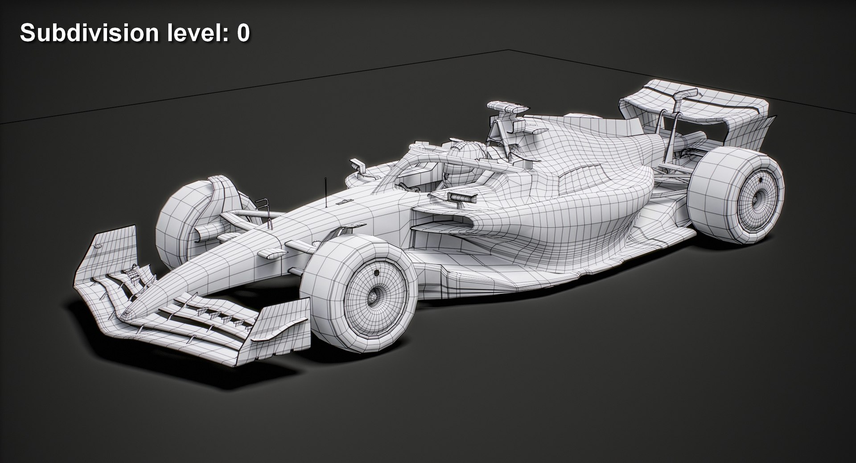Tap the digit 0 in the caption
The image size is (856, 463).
(x=243, y=33)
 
